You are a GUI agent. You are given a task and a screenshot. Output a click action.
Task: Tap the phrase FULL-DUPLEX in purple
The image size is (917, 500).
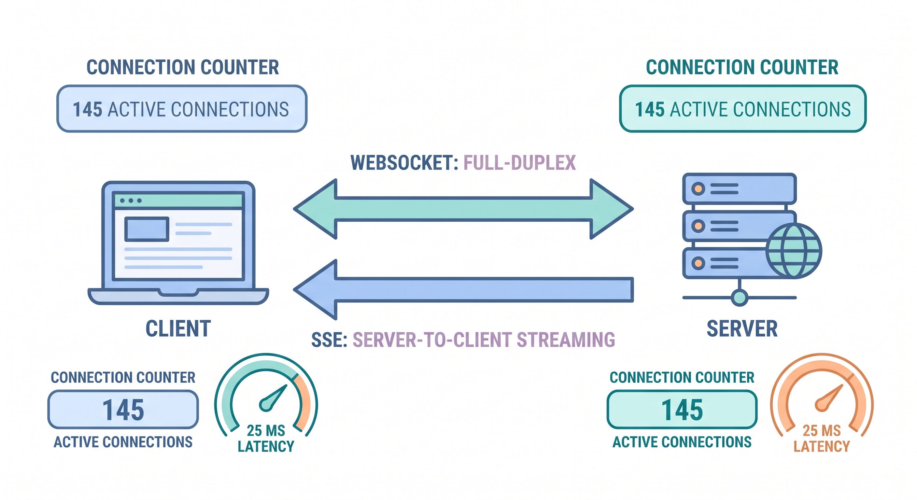(x=519, y=163)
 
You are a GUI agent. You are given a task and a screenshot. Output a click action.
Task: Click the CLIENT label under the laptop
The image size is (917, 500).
(x=178, y=328)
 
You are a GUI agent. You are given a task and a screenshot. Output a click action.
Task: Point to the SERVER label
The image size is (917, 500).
(x=742, y=328)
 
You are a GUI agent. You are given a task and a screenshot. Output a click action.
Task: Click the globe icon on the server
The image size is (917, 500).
(x=794, y=251)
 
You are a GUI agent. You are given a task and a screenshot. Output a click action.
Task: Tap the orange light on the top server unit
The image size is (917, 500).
(x=698, y=188)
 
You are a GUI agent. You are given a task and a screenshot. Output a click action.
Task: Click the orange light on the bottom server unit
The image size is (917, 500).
(x=698, y=263)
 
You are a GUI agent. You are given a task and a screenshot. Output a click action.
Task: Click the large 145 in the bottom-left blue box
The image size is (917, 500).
(x=123, y=410)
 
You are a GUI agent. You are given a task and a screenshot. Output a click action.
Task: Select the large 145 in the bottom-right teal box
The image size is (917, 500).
(x=682, y=410)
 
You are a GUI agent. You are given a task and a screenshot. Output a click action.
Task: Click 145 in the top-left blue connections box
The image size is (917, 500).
(x=88, y=109)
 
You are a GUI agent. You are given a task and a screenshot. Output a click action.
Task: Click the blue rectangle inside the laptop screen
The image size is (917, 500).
(x=147, y=229)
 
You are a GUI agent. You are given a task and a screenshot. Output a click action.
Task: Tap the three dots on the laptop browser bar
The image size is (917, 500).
(x=131, y=201)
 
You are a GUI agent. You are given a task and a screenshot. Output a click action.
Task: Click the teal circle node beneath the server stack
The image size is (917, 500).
(x=740, y=298)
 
